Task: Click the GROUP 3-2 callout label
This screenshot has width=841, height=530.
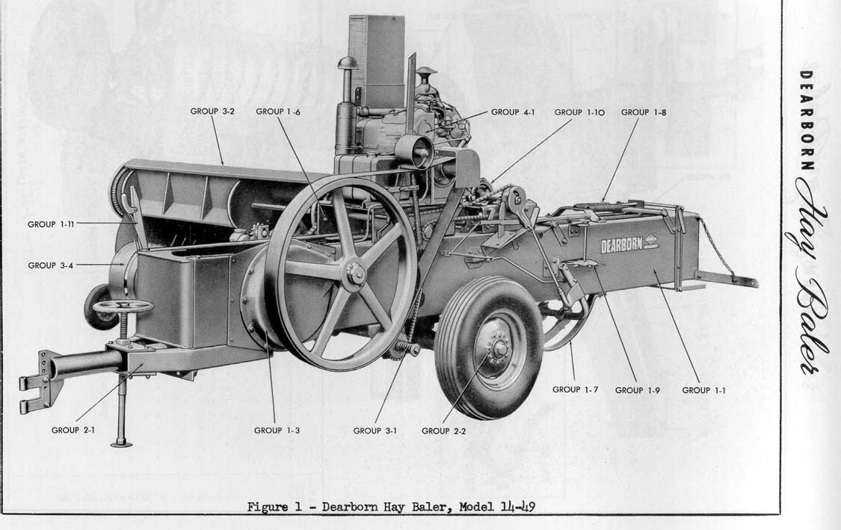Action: point(212,111)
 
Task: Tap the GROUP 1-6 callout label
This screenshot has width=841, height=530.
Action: point(278,111)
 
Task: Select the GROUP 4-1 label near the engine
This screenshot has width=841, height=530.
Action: point(513,111)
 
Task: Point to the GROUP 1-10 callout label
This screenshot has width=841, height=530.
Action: point(579,112)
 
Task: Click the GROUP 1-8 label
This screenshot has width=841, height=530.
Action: point(644,112)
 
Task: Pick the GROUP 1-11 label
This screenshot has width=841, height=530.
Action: point(51,224)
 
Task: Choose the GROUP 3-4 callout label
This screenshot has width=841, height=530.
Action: point(50,265)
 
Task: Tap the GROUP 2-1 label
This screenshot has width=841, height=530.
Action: point(73,430)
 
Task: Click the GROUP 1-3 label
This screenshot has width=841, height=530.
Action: point(277,431)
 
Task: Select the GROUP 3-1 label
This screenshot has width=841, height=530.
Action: point(375,431)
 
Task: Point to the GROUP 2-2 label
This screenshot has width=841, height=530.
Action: point(443,431)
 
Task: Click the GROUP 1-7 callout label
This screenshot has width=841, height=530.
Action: point(575,389)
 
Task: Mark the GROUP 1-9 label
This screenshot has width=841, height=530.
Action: point(637,390)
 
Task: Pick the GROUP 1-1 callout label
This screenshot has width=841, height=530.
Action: point(703,390)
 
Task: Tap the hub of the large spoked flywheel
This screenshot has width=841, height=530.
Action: point(354,274)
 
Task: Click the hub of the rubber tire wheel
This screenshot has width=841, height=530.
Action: point(499,349)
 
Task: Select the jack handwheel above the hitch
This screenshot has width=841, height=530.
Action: point(123,306)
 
